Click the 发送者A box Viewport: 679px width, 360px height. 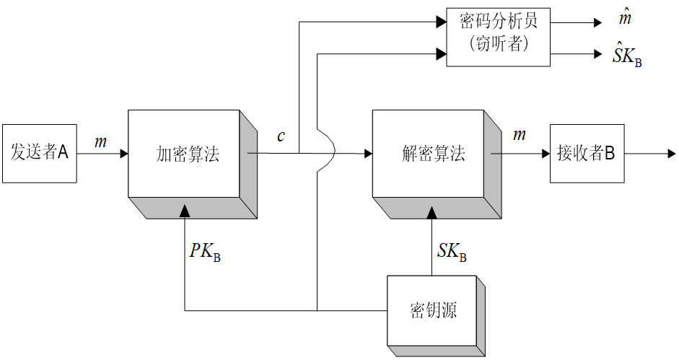[39, 153]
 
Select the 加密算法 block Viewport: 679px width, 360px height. [187, 154]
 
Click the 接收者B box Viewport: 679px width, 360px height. [585, 153]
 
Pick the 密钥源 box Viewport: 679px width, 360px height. [432, 311]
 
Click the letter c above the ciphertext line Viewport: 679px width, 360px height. [281, 136]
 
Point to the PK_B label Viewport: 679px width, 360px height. [205, 252]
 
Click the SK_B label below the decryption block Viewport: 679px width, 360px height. [452, 252]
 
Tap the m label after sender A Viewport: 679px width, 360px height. [100, 142]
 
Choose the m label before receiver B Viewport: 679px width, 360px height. [519, 136]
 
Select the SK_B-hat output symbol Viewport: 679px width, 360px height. [626, 56]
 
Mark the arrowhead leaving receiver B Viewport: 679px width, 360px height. [671, 153]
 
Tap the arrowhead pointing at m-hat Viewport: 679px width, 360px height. [597, 22]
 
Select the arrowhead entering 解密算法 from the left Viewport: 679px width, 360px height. [368, 153]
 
